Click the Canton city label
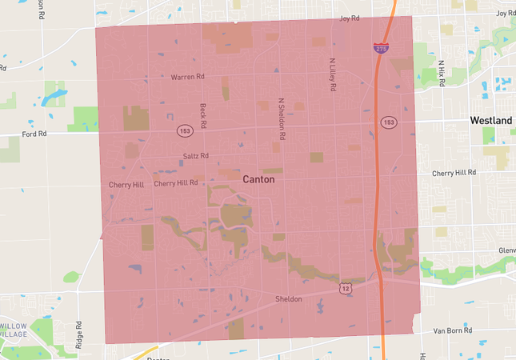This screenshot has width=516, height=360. (258, 179)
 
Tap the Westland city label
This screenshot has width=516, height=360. (491, 120)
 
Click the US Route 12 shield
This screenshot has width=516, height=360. (344, 286)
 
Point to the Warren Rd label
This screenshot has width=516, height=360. (188, 78)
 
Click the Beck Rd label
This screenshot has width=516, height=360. (203, 116)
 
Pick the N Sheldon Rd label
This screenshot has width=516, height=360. (281, 115)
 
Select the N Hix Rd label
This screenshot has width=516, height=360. (440, 74)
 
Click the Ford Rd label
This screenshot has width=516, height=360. (35, 134)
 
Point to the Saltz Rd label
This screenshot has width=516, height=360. (195, 156)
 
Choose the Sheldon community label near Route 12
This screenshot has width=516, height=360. (289, 299)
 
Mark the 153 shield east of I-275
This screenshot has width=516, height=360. (389, 122)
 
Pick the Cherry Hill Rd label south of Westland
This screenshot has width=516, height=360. (454, 172)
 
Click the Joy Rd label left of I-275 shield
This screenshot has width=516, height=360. (350, 18)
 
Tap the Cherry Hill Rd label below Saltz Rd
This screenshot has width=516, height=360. (176, 183)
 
